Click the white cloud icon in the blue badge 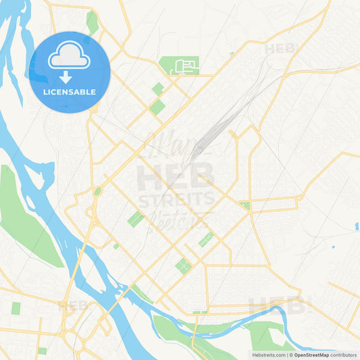tap(70, 55)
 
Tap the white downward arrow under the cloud tap(66, 77)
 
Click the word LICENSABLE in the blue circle tap(70, 92)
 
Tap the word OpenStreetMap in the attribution tap(314, 355)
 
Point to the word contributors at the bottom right tap(345, 355)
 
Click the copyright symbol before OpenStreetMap tap(291, 355)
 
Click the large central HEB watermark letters tap(176, 177)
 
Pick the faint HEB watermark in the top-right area tap(280, 49)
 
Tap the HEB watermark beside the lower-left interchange tap(74, 307)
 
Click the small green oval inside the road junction tap(97, 191)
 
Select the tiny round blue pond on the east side tap(333, 247)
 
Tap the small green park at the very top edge tap(92, 22)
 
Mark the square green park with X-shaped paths tap(184, 265)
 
